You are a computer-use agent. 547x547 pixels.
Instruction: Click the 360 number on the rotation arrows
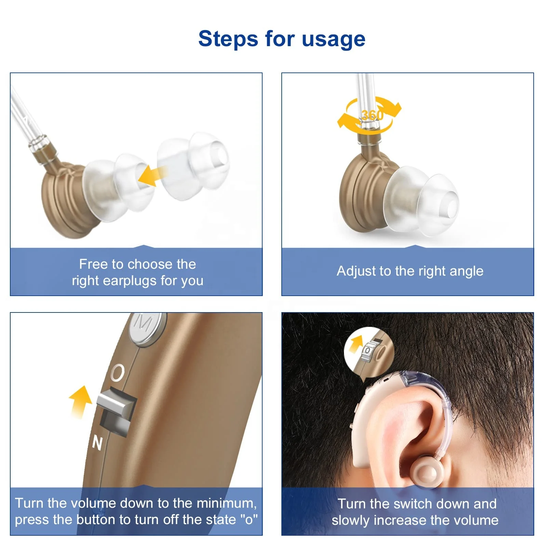pos(372,115)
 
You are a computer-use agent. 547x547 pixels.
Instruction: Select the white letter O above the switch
pos(118,372)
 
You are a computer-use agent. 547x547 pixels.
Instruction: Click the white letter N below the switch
pos(97,443)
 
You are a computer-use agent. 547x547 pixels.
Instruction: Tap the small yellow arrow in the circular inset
pos(355,345)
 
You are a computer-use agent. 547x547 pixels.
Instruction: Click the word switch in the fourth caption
pos(413,504)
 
